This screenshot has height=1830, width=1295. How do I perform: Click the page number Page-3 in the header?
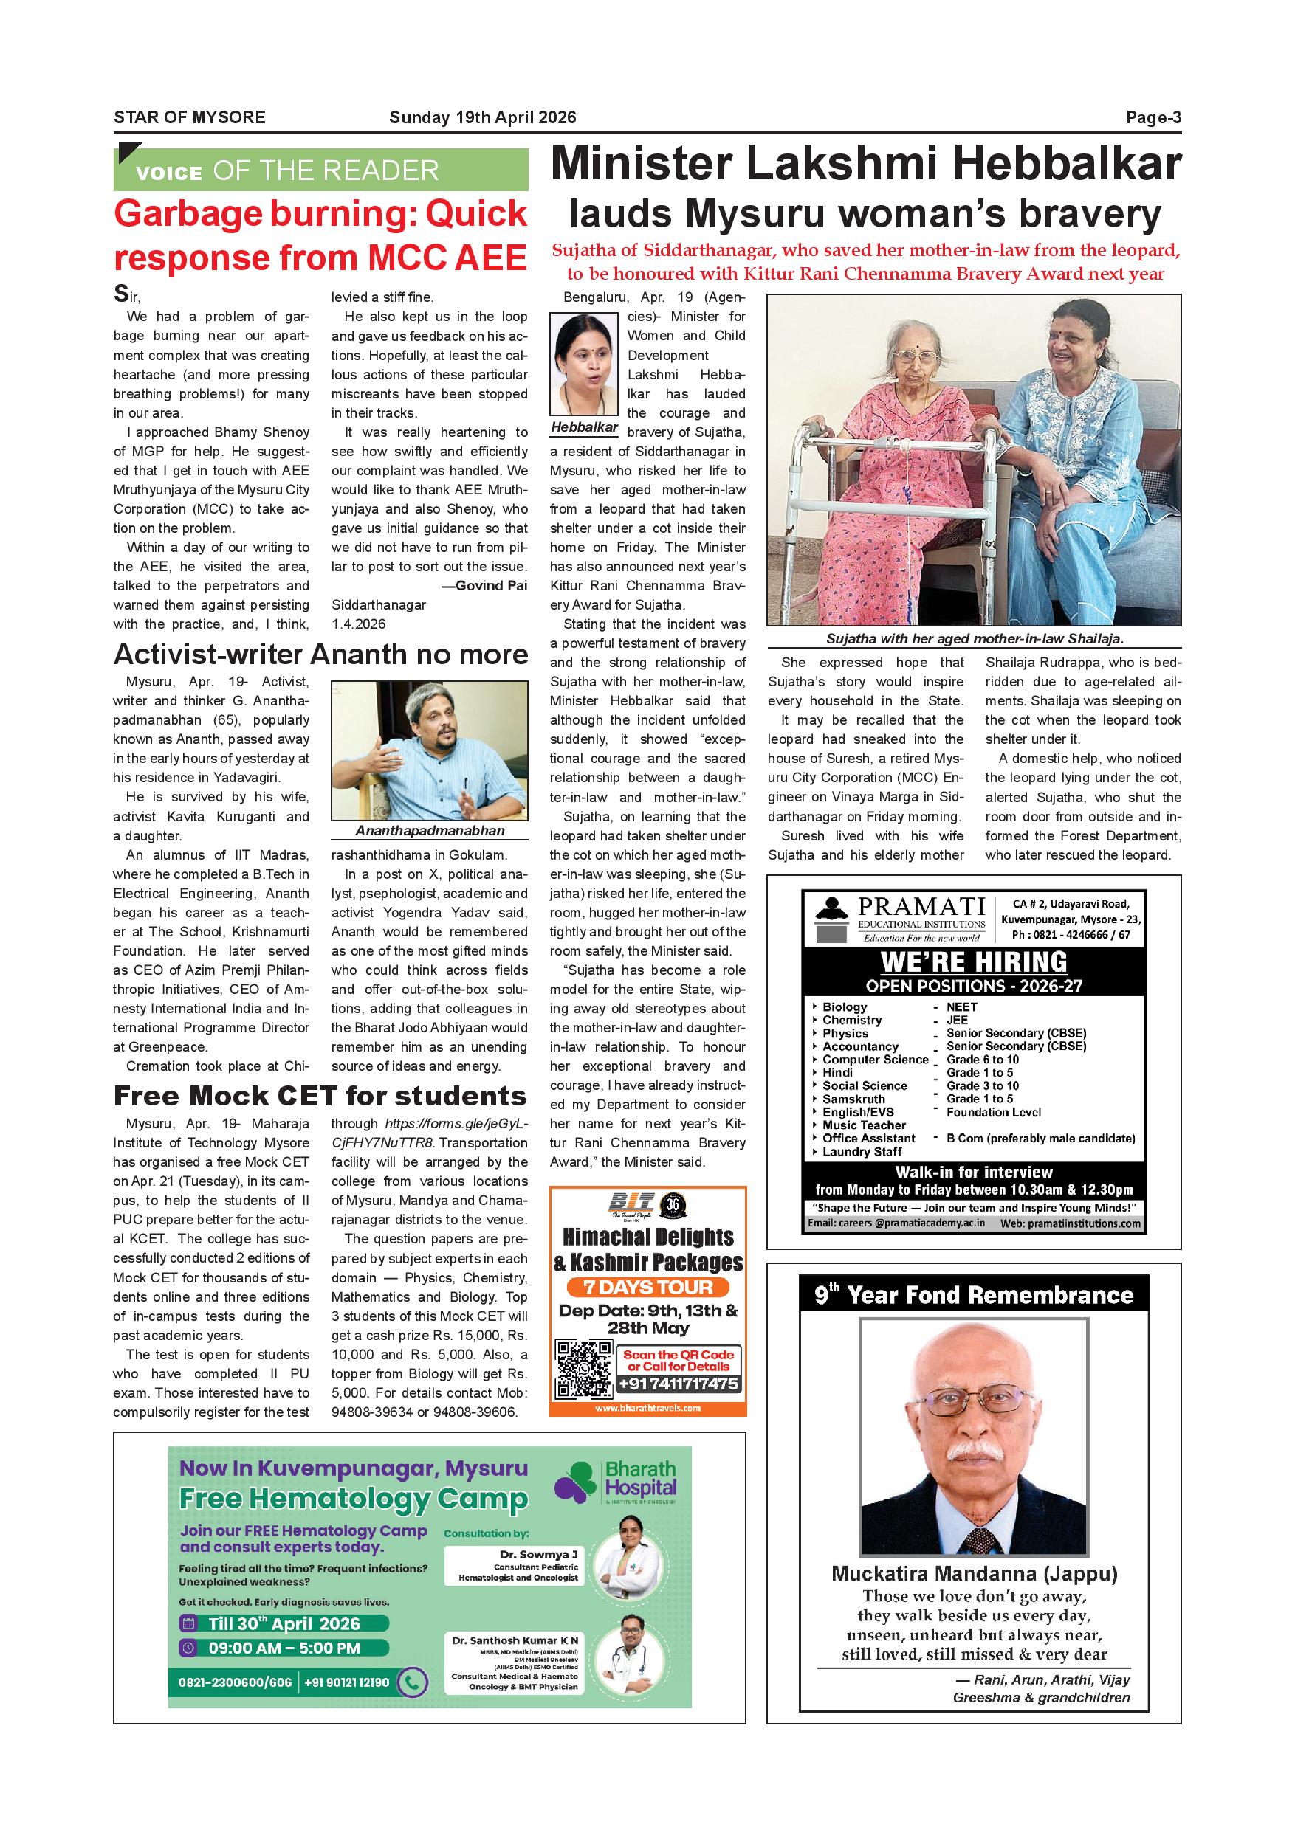coord(1153,118)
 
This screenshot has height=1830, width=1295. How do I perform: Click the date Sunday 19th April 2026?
coord(482,118)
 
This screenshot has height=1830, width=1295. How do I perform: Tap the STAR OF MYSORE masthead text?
coord(190,118)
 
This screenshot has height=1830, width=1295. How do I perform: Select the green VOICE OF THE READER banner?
coord(320,170)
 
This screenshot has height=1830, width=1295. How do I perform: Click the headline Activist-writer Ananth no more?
coord(320,655)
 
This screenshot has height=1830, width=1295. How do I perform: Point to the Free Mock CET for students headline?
coord(320,1096)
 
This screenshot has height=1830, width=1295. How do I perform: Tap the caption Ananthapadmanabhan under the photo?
coord(430,831)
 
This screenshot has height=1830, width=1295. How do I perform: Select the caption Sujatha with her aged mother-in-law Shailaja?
coord(975,639)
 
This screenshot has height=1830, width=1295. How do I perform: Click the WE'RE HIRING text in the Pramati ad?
coord(974,961)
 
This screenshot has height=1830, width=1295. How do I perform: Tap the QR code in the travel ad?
coord(584,1370)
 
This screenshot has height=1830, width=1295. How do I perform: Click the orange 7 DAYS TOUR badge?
coord(647,1287)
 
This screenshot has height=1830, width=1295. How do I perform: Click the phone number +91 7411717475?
coord(679,1384)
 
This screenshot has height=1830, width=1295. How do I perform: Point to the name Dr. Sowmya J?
coord(539,1554)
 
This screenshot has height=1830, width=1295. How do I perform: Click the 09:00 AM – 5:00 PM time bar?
coord(285,1648)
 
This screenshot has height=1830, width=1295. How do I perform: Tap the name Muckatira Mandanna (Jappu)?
coord(974,1574)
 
